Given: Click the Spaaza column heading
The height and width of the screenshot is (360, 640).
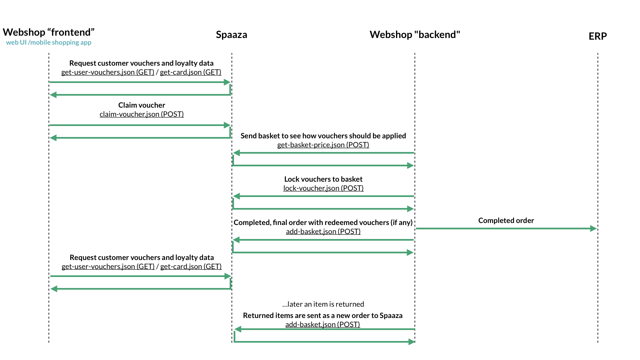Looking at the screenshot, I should (x=231, y=35).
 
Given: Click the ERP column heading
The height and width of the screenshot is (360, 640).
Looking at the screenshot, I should (x=597, y=36).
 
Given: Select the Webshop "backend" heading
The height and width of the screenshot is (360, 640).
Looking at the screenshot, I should (x=415, y=35).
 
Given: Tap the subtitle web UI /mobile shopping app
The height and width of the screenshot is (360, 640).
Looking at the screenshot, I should (x=49, y=42).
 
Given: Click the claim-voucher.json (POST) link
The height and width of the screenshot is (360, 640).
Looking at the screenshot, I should (x=142, y=114).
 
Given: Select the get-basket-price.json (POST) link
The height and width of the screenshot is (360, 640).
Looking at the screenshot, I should (x=323, y=145).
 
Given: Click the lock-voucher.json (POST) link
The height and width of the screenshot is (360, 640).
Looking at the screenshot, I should (x=323, y=188).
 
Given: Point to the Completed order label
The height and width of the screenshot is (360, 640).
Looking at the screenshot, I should (x=506, y=220).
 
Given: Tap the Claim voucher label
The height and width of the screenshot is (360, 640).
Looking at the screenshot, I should (x=142, y=105).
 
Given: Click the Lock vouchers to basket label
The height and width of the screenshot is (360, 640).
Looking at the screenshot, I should (x=323, y=179).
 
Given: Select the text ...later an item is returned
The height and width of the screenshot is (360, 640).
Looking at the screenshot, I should (x=323, y=304).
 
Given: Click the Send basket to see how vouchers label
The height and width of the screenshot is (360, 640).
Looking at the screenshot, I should (x=323, y=136).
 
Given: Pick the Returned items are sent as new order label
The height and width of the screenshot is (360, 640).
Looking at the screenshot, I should (x=322, y=315).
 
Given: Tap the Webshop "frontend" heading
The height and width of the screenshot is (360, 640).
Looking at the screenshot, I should (x=49, y=32).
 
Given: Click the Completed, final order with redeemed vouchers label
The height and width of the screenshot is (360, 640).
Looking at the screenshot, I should (x=323, y=222).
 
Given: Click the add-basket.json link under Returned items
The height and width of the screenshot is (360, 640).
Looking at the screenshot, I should (x=322, y=324).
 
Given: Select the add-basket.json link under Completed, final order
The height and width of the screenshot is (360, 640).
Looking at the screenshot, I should (x=323, y=231).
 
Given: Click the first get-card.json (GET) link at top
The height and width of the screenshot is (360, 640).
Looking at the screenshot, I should (x=190, y=72).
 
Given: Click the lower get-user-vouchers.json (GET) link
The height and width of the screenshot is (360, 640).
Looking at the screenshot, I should (x=108, y=266).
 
